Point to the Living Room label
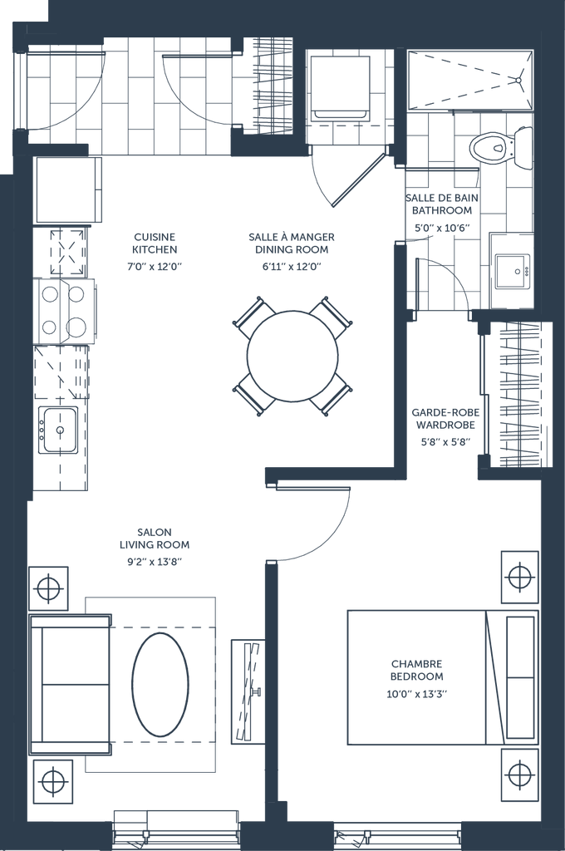[154, 544]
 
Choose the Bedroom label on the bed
[414, 670]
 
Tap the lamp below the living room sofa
[52, 781]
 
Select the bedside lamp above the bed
[518, 576]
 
